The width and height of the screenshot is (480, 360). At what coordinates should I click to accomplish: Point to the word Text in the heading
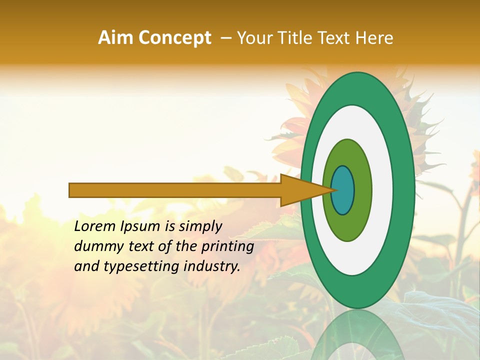pos(335,38)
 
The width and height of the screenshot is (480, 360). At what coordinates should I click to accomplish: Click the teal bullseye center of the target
pos(343,190)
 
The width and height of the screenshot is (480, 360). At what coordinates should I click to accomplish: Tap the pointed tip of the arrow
pos(334,190)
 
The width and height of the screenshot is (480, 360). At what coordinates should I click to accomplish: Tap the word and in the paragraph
pos(86,266)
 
